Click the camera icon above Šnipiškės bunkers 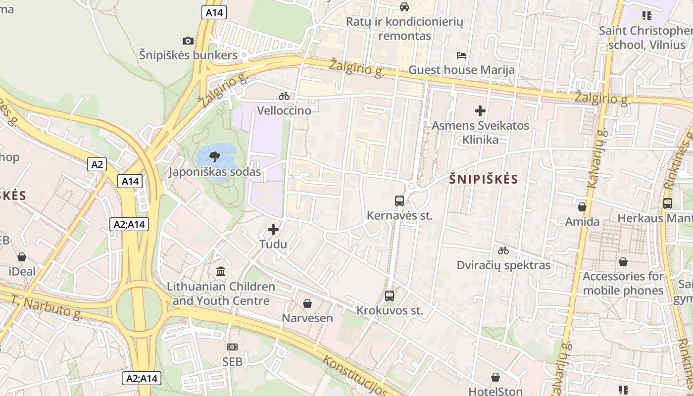coord(188,41)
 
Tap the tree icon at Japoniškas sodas coord(215,157)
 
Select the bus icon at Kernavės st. coord(399,200)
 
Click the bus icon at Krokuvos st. coord(390,296)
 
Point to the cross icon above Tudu coord(273,230)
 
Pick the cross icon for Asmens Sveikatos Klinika coord(480,111)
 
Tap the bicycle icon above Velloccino coord(284,96)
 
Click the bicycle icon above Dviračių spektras coord(503,250)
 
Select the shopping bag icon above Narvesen coord(307,303)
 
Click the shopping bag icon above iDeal coord(22,257)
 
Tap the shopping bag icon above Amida coord(582,206)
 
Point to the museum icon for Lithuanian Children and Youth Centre coord(221,271)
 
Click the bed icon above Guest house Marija coord(461,55)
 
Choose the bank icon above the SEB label coord(232,347)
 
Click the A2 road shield coord(97,164)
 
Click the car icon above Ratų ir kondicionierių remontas coord(404,6)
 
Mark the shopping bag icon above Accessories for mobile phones coord(623,261)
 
